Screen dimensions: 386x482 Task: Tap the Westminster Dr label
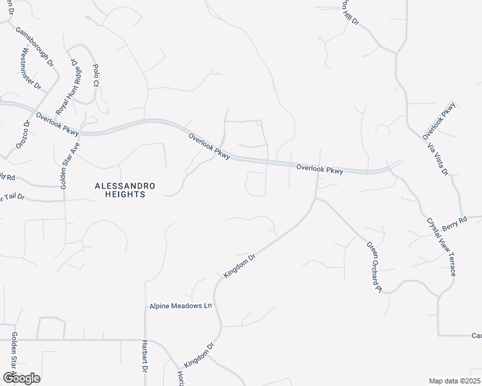[x=32, y=68]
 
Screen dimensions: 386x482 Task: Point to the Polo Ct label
[x=96, y=75]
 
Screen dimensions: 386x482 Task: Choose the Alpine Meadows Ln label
[x=180, y=306]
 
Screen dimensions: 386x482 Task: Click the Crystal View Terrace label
[x=441, y=246]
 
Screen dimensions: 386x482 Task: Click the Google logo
[x=21, y=378]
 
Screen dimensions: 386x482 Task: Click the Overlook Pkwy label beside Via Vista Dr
[x=439, y=120]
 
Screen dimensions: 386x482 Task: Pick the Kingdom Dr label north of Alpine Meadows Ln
[x=240, y=266]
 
